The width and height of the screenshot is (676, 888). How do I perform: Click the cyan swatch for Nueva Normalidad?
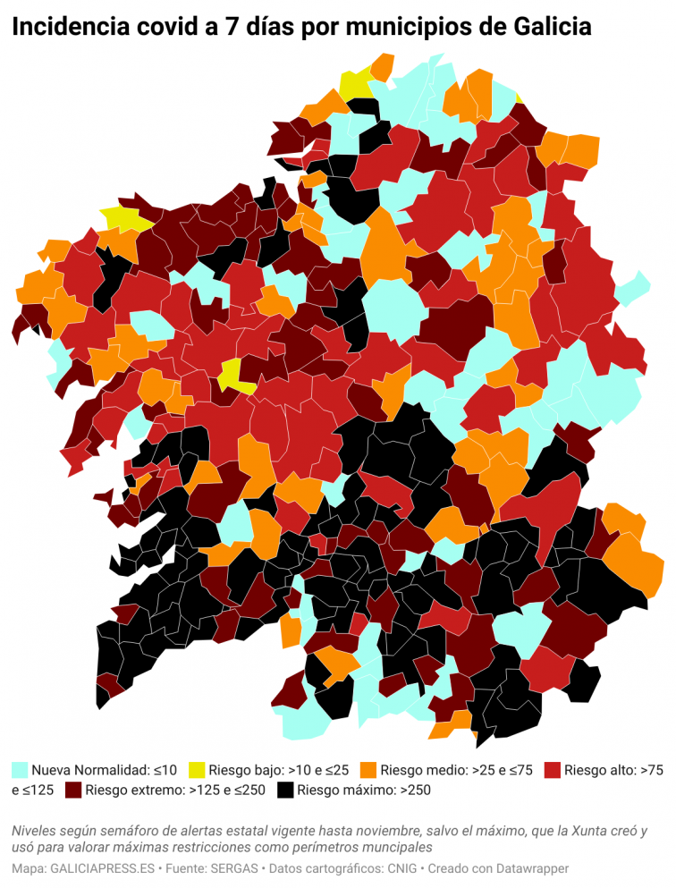pyautogui.click(x=20, y=769)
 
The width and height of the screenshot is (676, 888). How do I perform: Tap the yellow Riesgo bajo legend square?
pyautogui.click(x=197, y=769)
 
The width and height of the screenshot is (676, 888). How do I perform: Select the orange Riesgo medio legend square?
pyautogui.click(x=368, y=769)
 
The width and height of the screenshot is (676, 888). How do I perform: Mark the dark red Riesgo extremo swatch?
pyautogui.click(x=72, y=790)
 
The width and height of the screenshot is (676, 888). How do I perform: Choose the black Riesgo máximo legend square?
pyautogui.click(x=285, y=790)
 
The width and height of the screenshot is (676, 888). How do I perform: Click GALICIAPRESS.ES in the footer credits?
pyautogui.click(x=102, y=868)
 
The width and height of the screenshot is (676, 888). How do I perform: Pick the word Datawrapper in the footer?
pyautogui.click(x=529, y=868)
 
